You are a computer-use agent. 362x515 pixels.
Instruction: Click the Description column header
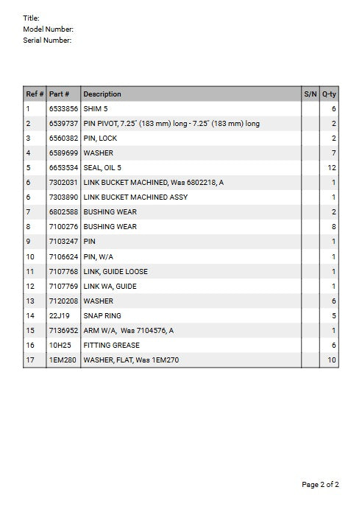pyautogui.click(x=102, y=94)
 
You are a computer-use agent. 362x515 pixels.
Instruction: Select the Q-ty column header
pyautogui.click(x=329, y=94)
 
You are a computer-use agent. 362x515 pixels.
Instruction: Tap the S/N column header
pyautogui.click(x=310, y=94)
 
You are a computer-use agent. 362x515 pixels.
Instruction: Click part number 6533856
pyautogui.click(x=63, y=109)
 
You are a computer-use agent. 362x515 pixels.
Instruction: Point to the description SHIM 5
pyautogui.click(x=96, y=109)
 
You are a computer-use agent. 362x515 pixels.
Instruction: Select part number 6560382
pyautogui.click(x=63, y=139)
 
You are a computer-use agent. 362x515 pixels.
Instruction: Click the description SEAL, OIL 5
pyautogui.click(x=102, y=168)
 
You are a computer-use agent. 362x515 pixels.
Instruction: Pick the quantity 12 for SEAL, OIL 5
pyautogui.click(x=332, y=168)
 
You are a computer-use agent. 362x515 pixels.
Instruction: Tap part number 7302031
pyautogui.click(x=63, y=183)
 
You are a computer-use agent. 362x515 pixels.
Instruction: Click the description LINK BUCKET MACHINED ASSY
pyautogui.click(x=135, y=197)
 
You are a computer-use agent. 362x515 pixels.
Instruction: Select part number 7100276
pyautogui.click(x=63, y=227)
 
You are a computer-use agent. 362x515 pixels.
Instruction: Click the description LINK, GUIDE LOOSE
pyautogui.click(x=116, y=271)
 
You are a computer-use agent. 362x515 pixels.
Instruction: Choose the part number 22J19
pyautogui.click(x=59, y=315)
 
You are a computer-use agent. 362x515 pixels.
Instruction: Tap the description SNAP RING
pyautogui.click(x=102, y=315)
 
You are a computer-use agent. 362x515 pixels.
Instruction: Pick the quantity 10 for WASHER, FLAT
pyautogui.click(x=332, y=360)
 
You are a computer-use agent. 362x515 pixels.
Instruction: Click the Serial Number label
pyautogui.click(x=47, y=41)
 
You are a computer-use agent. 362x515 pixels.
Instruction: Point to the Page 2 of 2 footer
pyautogui.click(x=320, y=485)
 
